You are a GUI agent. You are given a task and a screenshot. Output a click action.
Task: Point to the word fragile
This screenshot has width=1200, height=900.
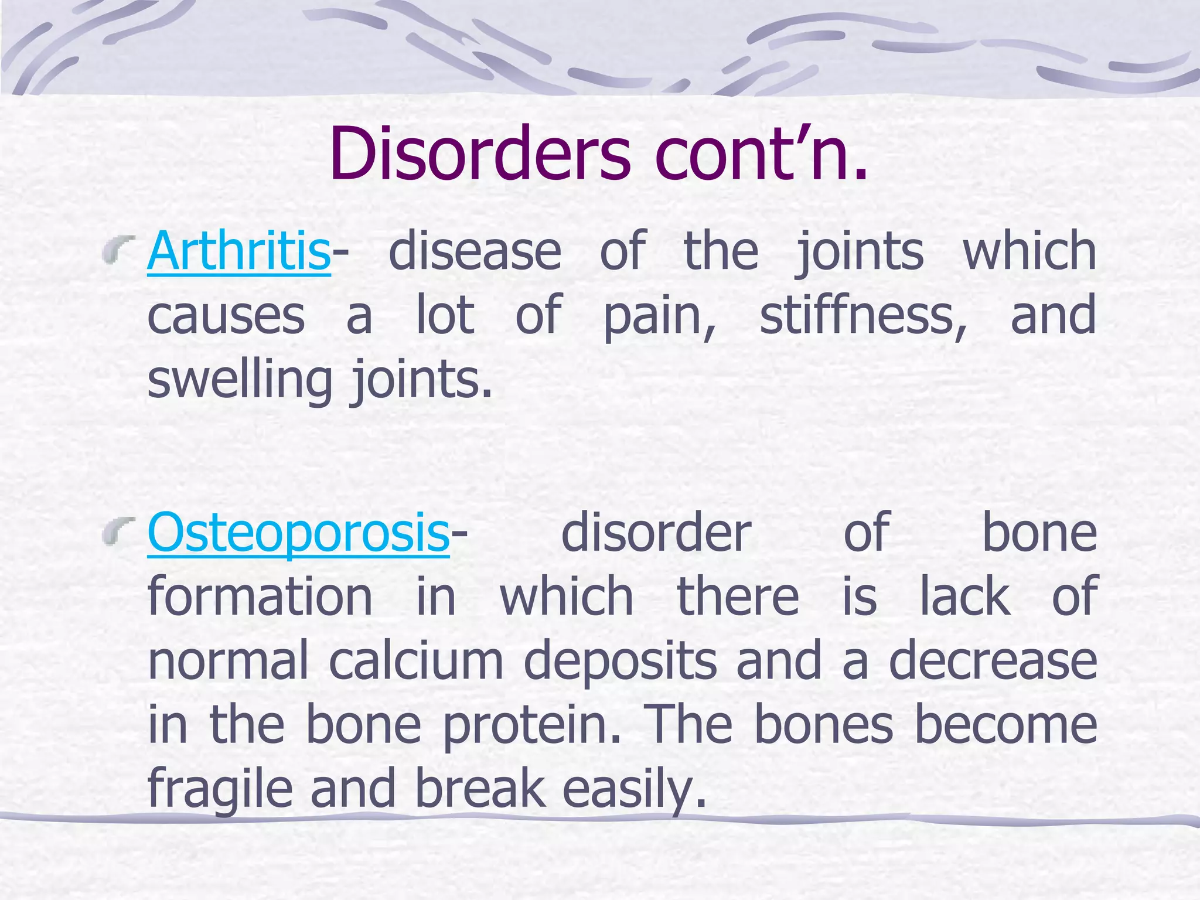coord(220,790)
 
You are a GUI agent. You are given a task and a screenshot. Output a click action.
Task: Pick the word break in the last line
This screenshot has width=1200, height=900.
coord(480,790)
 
